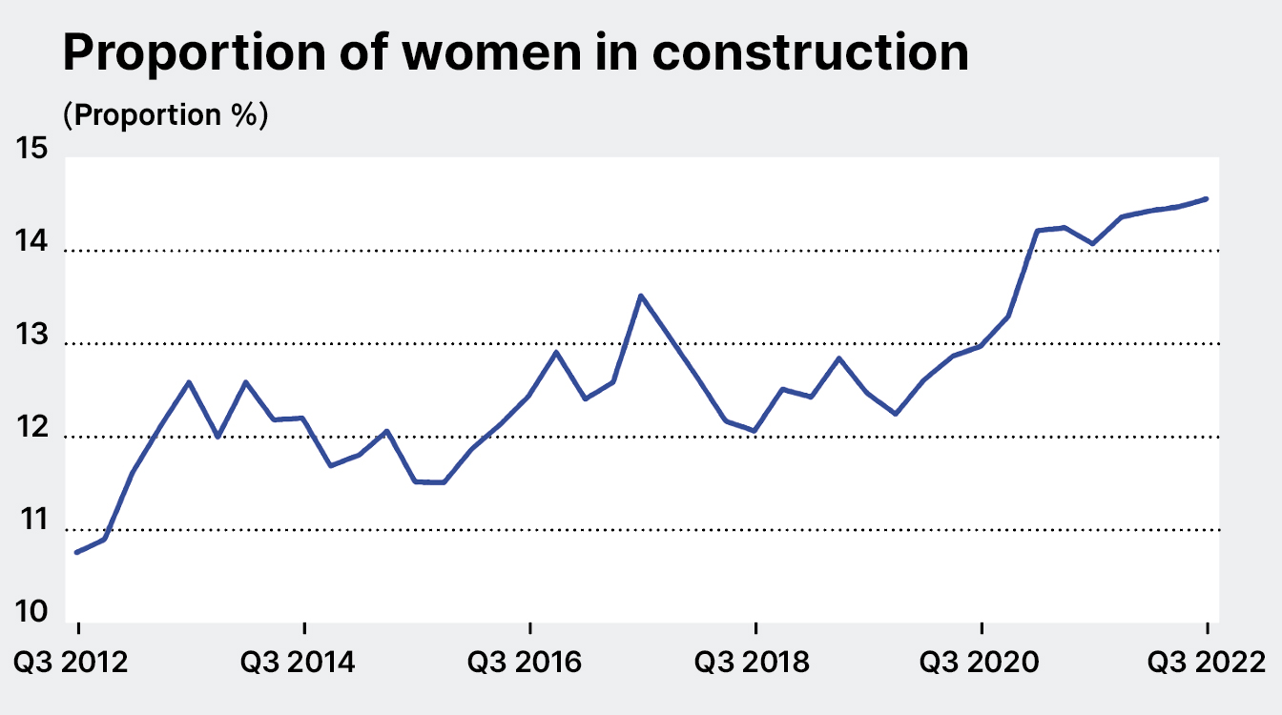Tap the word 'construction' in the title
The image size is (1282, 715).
coord(811,53)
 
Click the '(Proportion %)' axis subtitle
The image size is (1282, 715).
coord(165,115)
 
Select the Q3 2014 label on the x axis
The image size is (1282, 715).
coord(304,661)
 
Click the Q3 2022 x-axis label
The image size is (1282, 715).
coord(1206,661)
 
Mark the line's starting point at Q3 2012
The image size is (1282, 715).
coord(77,552)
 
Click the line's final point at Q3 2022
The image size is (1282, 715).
coord(1207,198)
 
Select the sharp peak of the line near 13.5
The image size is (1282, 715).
coord(641,296)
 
